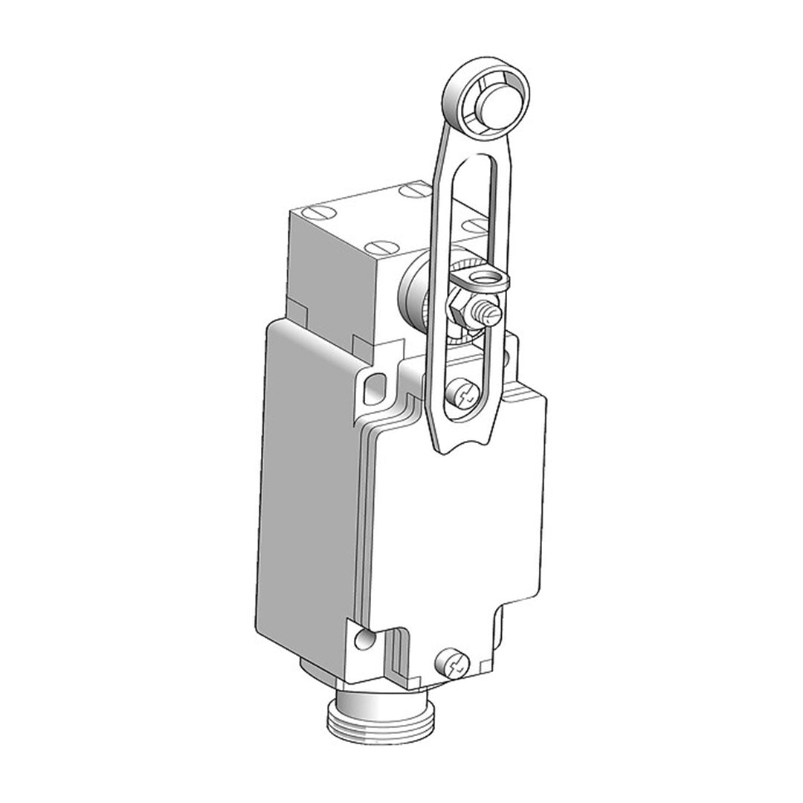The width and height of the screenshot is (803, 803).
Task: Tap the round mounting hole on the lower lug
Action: point(361,639)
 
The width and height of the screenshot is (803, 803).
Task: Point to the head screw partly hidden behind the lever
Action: point(472,224)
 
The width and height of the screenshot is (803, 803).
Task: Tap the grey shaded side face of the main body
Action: point(305,483)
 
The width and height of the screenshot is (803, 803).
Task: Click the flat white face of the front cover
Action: point(454,535)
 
